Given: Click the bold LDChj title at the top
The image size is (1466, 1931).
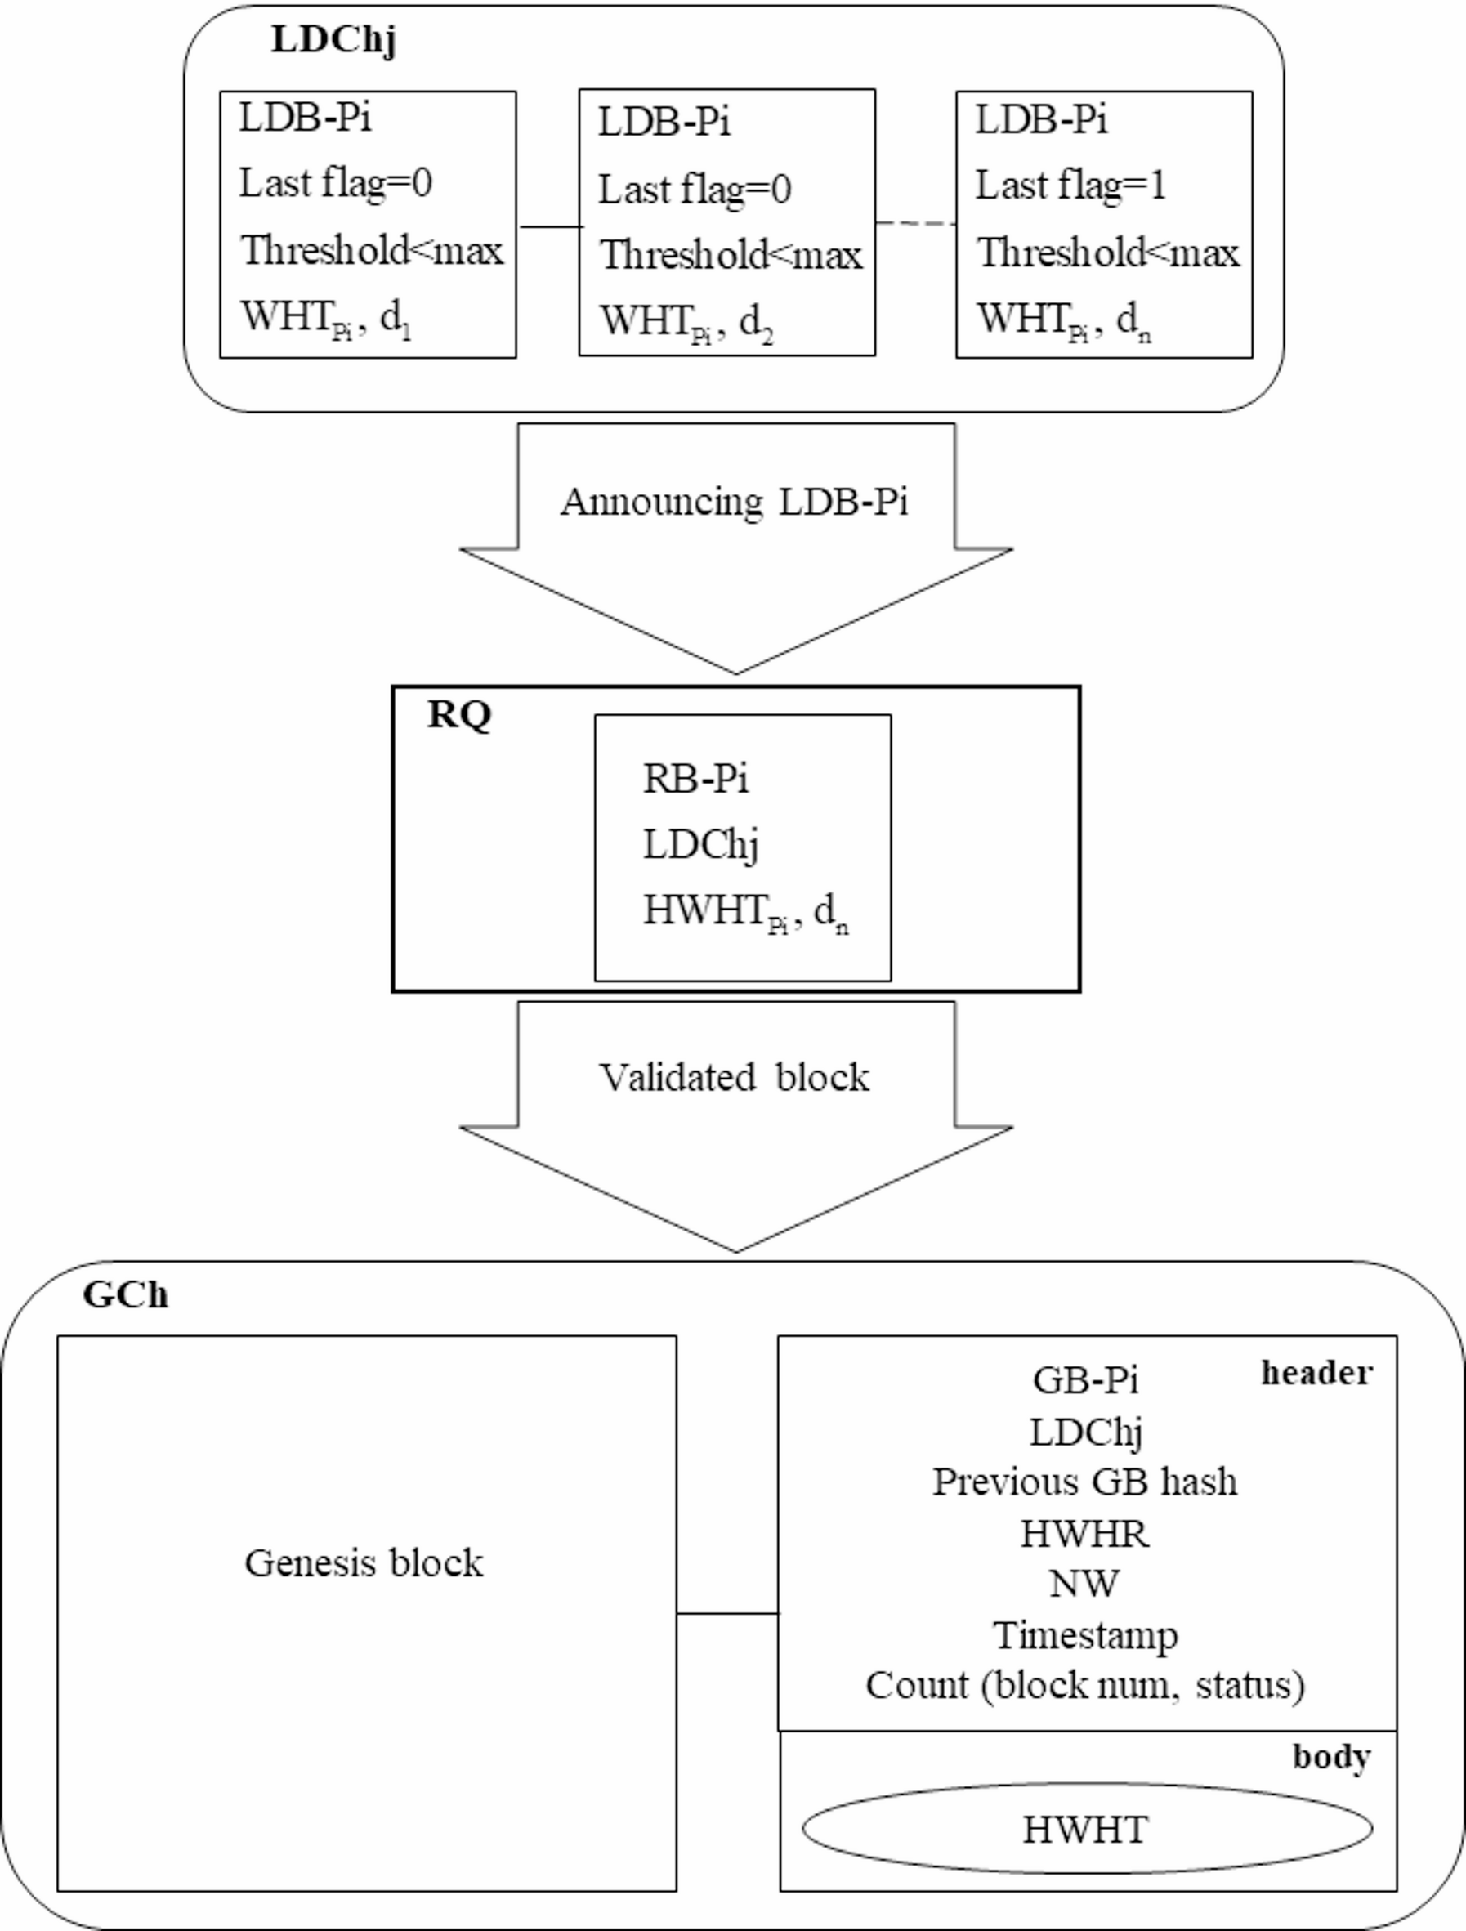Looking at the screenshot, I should coord(333,39).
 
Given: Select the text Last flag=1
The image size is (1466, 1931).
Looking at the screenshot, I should coord(1070,185).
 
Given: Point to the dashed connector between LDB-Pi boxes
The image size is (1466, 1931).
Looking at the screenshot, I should coord(915,223).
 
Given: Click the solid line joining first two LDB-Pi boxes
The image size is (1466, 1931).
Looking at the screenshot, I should coord(548,226).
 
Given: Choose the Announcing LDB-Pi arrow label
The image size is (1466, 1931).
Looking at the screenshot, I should coord(735,502).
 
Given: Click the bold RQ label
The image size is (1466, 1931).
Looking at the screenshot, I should coord(459,715).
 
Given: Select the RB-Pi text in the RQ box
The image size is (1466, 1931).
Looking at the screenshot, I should coord(695,778).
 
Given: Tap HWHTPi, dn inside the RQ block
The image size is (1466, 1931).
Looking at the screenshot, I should coord(744,911).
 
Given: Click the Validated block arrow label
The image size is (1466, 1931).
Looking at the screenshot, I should coord(734,1077).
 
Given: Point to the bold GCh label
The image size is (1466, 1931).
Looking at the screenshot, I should coord(126,1294).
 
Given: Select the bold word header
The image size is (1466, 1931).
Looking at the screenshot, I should coord(1316,1372).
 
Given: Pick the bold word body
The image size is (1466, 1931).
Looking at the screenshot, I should coord(1331,1755).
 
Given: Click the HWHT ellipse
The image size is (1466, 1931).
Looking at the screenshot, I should coord(1086,1828).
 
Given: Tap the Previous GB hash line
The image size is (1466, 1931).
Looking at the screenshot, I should coord(1084,1482).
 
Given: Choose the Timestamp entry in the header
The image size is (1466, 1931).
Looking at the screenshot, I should coord(1085,1634).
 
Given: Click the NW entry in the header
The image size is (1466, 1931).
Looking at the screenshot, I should coord(1084,1583).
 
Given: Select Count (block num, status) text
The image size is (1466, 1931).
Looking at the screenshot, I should coord(1084,1684).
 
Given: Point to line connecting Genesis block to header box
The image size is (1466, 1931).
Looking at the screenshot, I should coord(726,1613).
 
